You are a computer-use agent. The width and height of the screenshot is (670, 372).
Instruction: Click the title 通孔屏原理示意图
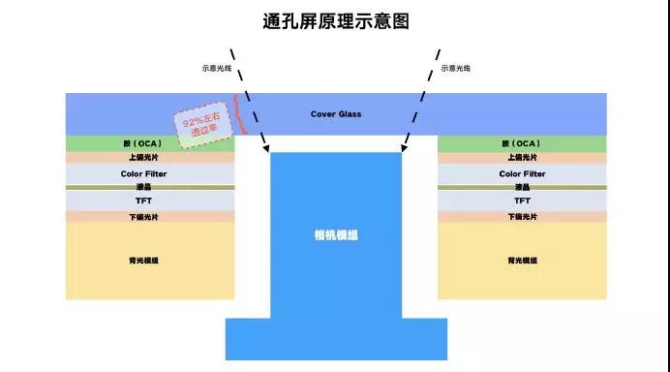click(x=335, y=20)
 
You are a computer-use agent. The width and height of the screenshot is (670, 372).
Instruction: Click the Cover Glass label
click(x=336, y=114)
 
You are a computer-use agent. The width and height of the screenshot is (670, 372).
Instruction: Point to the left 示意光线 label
click(x=217, y=69)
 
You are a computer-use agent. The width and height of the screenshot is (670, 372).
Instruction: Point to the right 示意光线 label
click(x=456, y=69)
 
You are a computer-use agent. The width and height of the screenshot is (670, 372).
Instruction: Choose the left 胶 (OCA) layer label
click(x=150, y=143)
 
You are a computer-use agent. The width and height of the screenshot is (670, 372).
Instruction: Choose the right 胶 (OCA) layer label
click(x=523, y=143)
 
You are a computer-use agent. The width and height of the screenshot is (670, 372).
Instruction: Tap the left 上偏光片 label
click(x=150, y=157)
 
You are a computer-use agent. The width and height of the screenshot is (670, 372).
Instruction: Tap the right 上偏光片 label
click(x=523, y=157)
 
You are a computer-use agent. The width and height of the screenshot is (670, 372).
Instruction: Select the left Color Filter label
click(x=150, y=174)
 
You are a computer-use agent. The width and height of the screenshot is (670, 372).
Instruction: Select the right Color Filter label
click(x=523, y=174)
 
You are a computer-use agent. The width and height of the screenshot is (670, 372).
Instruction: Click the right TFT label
click(x=523, y=201)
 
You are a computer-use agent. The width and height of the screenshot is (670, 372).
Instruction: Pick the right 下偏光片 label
click(x=523, y=217)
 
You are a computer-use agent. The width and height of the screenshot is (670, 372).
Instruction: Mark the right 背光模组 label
click(x=523, y=261)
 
